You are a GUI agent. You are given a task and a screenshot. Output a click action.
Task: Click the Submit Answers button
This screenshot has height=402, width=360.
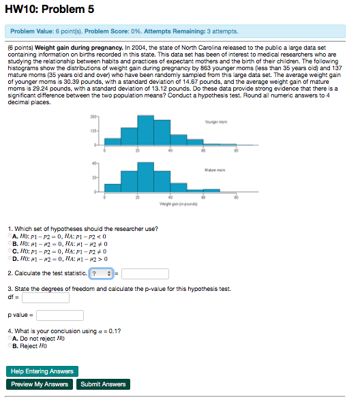103,384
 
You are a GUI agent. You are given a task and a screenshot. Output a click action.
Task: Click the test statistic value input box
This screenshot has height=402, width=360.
145,273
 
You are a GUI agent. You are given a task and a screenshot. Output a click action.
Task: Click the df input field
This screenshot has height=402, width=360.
46,297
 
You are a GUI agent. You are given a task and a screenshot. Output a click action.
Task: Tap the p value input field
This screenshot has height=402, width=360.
60,315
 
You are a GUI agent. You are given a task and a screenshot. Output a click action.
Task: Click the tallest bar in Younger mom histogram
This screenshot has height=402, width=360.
145,130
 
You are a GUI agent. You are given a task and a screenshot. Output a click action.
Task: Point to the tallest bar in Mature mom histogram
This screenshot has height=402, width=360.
145,177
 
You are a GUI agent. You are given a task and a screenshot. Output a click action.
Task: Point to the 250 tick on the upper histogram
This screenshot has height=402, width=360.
95,118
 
